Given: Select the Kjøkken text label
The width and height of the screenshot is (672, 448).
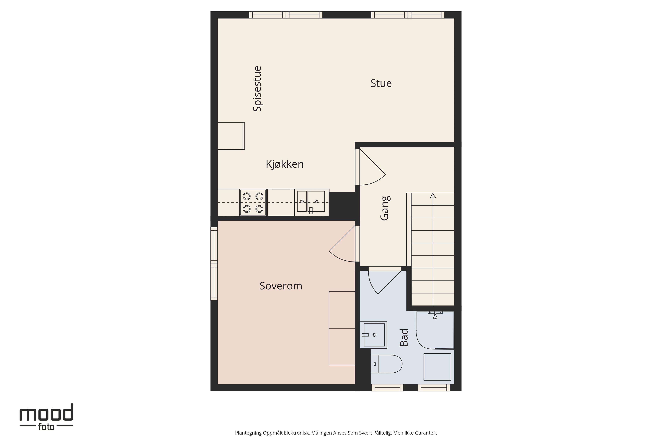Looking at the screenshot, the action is (x=285, y=164).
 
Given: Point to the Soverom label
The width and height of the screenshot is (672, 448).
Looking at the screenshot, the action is (x=281, y=286).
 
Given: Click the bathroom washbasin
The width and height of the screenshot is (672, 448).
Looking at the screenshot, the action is (x=373, y=335).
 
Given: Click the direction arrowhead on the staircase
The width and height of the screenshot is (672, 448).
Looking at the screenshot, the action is (x=433, y=195).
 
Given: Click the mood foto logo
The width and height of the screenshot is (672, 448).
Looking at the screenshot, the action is (x=46, y=416).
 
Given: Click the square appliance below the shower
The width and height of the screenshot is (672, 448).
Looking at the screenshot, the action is (x=437, y=367).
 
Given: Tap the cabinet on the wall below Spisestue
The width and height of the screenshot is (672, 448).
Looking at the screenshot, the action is (x=231, y=136).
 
